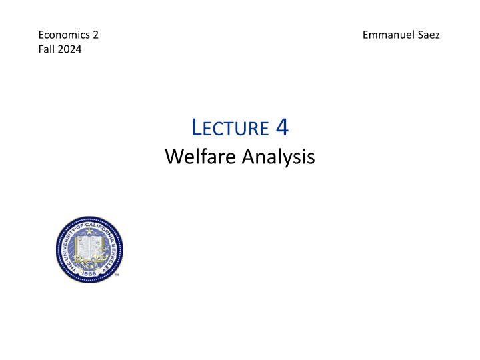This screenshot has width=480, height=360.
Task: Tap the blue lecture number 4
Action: [x=281, y=126]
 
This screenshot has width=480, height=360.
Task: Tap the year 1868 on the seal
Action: [x=89, y=273]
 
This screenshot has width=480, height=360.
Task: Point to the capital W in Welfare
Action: [x=173, y=157]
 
